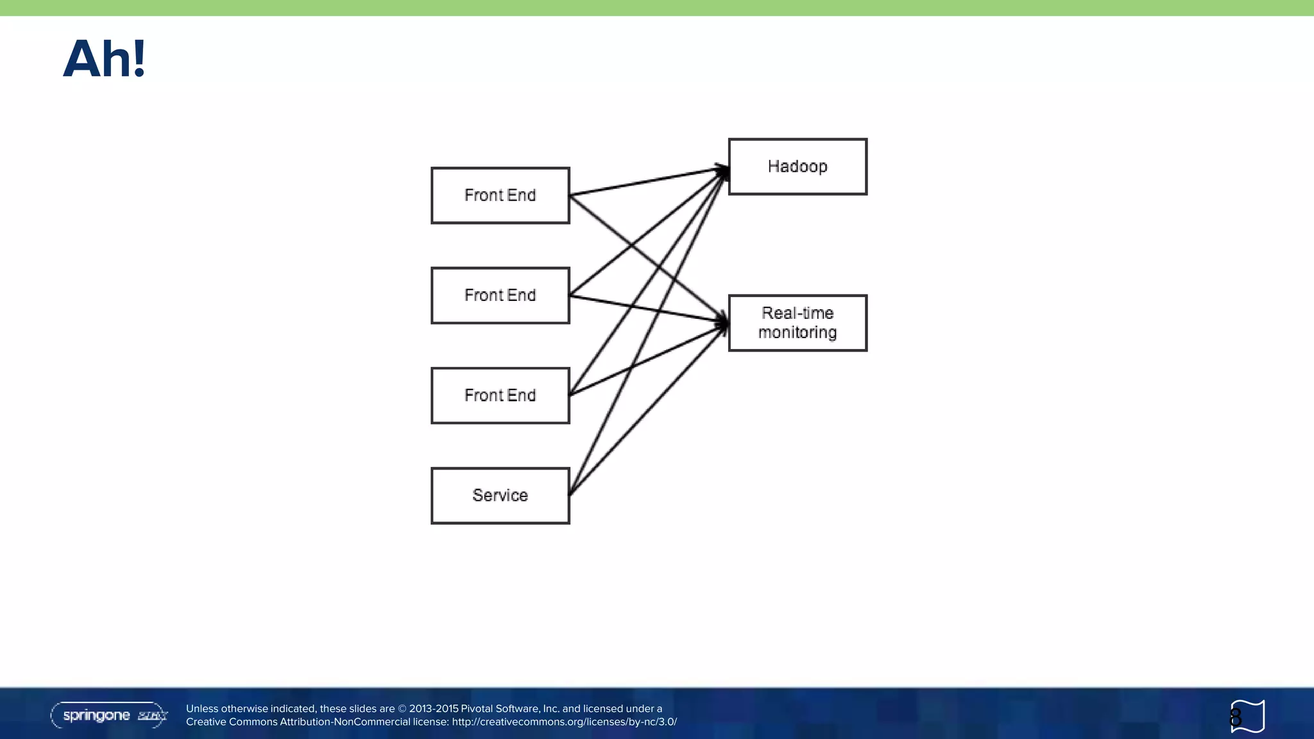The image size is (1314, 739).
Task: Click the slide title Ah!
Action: [105, 59]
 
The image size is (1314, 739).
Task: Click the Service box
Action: [500, 495]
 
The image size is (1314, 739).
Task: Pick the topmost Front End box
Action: [500, 195]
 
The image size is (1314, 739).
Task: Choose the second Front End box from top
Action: [500, 295]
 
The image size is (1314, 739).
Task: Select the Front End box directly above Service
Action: [500, 395]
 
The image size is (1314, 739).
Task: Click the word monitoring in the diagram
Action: [798, 333]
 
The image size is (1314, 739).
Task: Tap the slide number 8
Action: [1236, 717]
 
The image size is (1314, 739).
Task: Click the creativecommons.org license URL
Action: [564, 722]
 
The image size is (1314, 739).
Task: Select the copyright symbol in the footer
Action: [402, 709]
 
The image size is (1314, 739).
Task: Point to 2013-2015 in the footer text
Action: [434, 709]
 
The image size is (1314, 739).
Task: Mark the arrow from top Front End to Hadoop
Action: [648, 180]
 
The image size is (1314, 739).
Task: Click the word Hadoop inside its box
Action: [798, 167]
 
